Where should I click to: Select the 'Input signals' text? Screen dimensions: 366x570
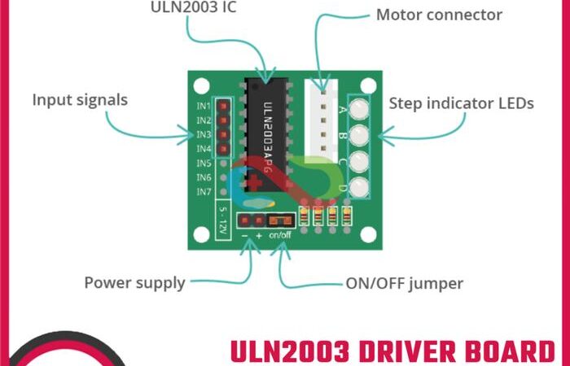80,100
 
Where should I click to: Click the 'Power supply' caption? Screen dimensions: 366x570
134,283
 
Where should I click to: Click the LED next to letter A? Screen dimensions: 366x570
359,107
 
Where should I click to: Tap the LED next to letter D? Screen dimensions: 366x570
359,189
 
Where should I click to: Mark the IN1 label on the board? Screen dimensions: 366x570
204,107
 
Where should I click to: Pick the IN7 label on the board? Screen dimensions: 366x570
204,192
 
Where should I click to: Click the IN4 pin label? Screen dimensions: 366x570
204,149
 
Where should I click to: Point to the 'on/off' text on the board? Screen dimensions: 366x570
279,235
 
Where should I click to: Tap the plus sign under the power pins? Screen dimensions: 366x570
259,235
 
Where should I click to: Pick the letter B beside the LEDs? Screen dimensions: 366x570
342,135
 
